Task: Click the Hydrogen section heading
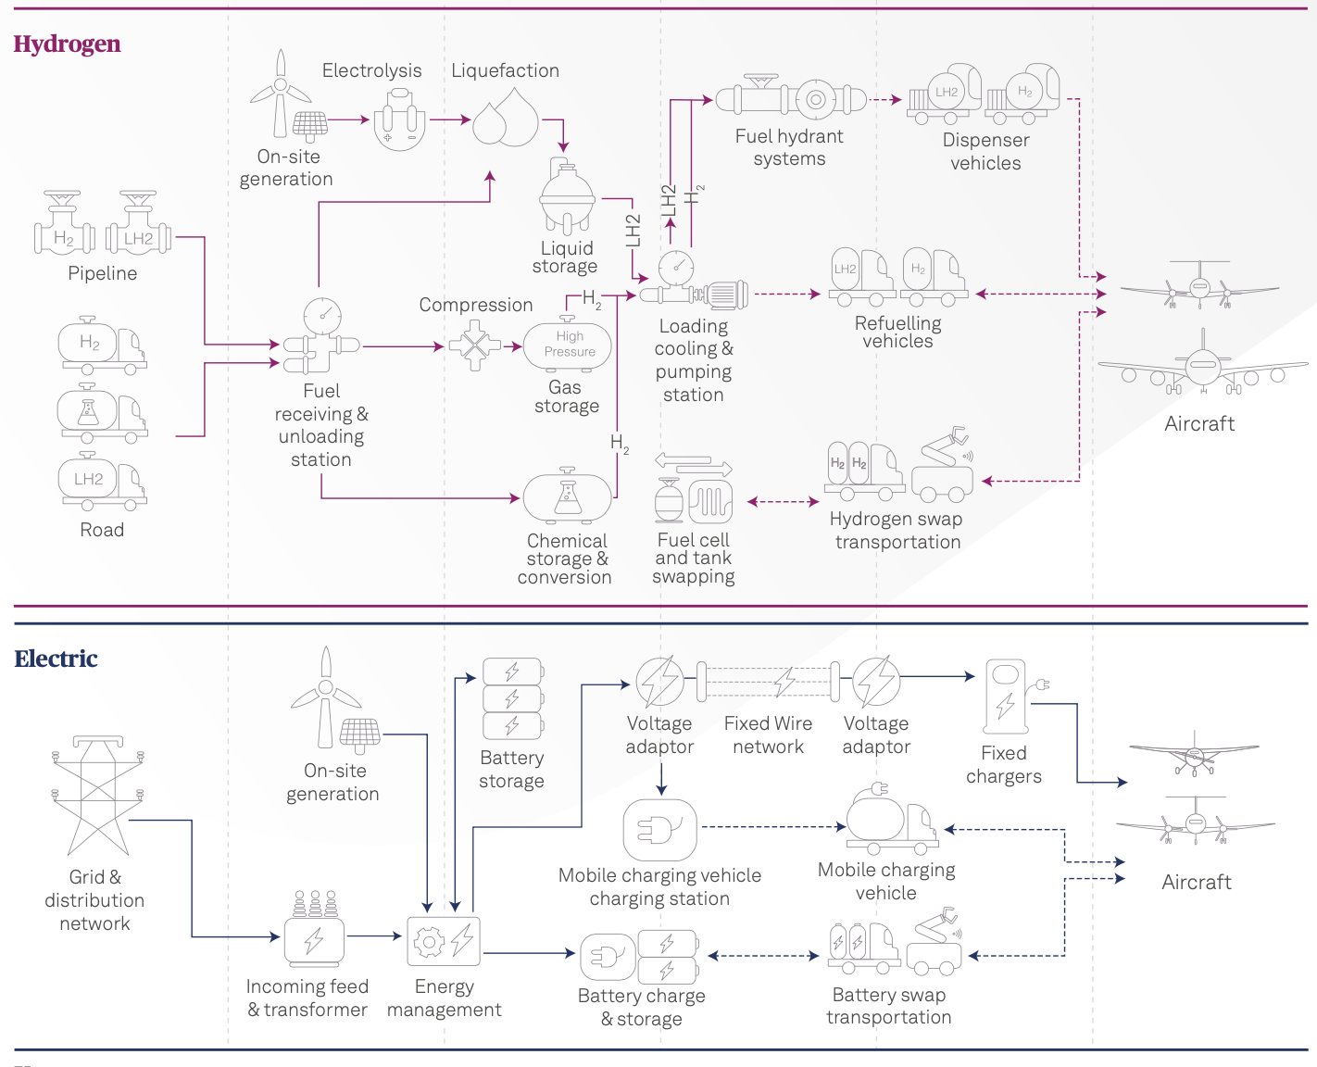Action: coord(67,44)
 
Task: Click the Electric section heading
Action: coord(56,659)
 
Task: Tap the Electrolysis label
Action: coord(371,71)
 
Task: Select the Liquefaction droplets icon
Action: coord(505,119)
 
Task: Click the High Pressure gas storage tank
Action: coord(567,345)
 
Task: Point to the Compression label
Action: coord(475,305)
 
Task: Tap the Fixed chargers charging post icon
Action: coord(1007,696)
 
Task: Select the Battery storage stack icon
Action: coord(512,698)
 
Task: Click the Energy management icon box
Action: coord(444,941)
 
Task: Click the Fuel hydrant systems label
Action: coord(789,147)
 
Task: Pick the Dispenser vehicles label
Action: coord(985,152)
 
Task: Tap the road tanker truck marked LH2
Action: coord(103,482)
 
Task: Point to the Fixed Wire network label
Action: coord(768,735)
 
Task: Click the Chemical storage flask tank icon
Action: coord(567,497)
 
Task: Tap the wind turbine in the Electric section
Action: coord(325,695)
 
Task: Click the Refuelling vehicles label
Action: coord(897,332)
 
